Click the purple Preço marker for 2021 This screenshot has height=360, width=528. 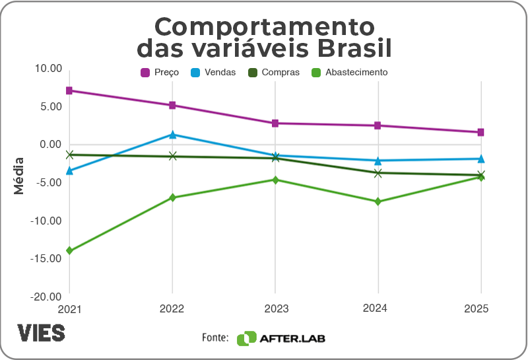[x=69, y=90]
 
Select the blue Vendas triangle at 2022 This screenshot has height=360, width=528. [x=172, y=135]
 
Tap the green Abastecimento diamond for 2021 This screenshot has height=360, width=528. [x=69, y=251]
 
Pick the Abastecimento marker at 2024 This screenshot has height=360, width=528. [x=378, y=201]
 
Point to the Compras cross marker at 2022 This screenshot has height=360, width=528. [x=172, y=157]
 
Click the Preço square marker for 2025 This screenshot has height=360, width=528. [x=481, y=132]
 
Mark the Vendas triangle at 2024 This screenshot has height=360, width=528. [x=378, y=161]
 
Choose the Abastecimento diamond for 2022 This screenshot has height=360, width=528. [x=172, y=198]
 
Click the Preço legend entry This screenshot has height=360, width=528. [x=159, y=73]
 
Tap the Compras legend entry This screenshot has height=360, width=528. [x=273, y=73]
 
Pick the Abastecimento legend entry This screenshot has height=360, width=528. [x=349, y=73]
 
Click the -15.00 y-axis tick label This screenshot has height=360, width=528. [x=46, y=258]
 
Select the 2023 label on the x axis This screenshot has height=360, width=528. [x=275, y=308]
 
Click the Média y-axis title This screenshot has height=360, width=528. [x=19, y=175]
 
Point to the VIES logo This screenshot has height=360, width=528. [x=41, y=333]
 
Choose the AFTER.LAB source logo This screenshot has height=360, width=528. [x=281, y=338]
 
